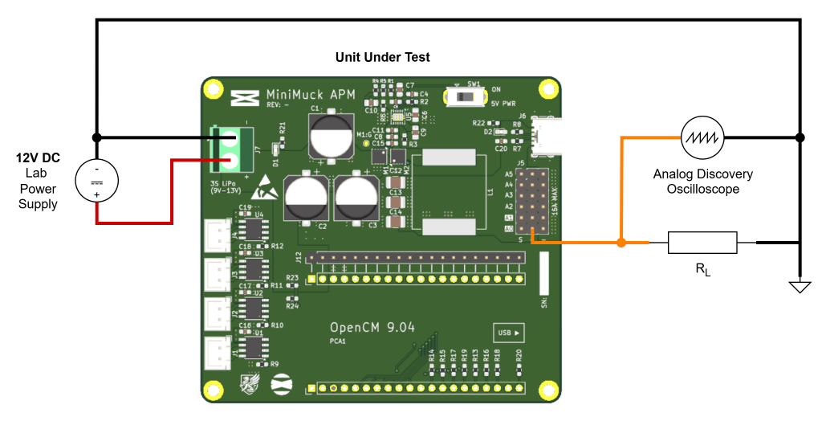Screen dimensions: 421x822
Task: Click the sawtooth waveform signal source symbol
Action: point(702,137)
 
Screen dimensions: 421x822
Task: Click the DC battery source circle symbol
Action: point(97,181)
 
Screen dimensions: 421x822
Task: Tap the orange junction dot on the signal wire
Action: point(621,242)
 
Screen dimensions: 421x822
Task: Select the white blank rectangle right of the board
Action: point(702,243)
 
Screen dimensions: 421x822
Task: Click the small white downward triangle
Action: point(800,287)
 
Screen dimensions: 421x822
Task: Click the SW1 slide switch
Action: point(466,97)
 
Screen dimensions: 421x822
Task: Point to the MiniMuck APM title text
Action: point(311,95)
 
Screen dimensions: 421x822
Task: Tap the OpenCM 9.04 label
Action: point(372,328)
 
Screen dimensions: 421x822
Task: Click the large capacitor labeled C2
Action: point(306,197)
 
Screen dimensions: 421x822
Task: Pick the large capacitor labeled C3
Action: point(356,197)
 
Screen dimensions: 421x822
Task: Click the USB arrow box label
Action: point(509,333)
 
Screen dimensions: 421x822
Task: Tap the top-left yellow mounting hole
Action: point(214,88)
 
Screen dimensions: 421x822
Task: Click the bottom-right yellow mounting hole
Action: point(549,390)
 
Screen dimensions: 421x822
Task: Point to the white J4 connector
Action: point(218,235)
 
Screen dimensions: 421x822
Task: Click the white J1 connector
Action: point(218,354)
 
